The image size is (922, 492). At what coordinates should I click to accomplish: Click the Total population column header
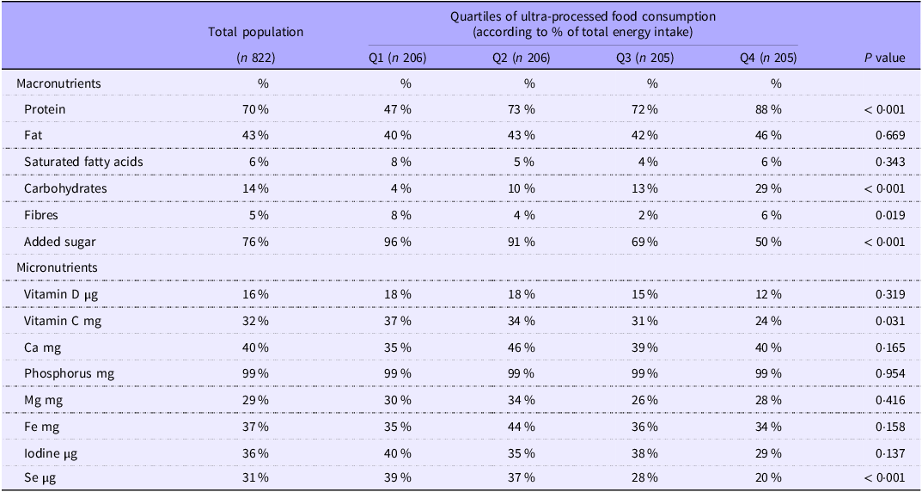click(x=255, y=32)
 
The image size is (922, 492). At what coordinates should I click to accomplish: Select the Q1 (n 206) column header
click(x=396, y=58)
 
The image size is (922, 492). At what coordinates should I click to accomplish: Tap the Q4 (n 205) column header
click(x=767, y=58)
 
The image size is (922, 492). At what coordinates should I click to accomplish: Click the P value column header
click(x=884, y=58)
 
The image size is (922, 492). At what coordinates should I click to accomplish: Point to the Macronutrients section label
click(x=58, y=83)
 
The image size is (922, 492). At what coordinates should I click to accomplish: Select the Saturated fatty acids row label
click(x=83, y=163)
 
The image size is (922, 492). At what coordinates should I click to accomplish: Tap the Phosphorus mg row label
click(x=69, y=374)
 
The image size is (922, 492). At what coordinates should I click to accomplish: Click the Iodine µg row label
click(x=54, y=453)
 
